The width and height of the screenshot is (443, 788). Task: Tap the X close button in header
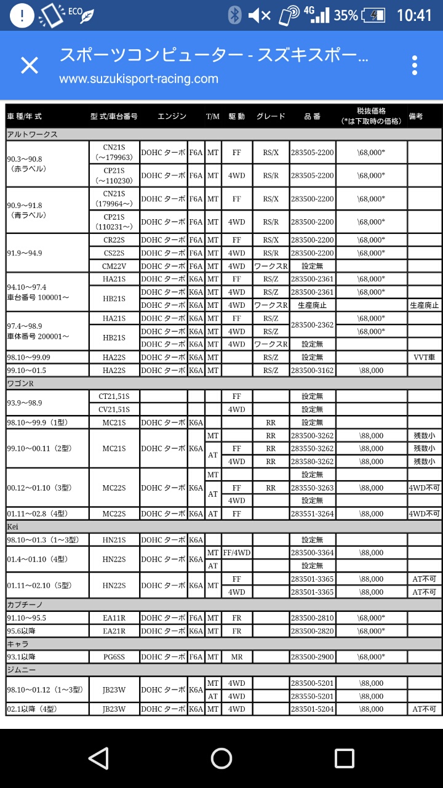point(30,65)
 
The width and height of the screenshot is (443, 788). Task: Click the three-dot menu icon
point(415,65)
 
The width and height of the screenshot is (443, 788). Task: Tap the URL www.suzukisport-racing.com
point(138,79)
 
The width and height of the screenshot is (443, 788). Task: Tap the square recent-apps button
point(345,758)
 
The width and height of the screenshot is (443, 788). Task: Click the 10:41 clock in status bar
point(414,15)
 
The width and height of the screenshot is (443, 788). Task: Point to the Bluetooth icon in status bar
point(234,15)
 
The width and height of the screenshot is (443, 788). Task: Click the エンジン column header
point(172,116)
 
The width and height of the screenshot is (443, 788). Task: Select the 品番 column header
point(312,116)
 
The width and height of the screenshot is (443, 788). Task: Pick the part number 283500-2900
point(312,657)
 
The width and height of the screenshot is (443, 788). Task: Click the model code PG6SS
point(114,657)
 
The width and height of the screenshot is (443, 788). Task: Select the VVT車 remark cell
point(425,357)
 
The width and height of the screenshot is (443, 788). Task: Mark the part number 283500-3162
point(312,370)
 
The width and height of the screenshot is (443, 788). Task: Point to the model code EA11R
point(114,617)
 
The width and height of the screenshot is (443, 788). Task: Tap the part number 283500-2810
point(312,617)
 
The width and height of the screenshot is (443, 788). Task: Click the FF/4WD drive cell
point(237,552)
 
